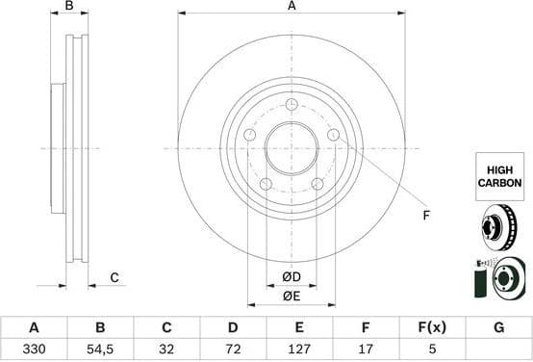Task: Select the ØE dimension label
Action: [x=291, y=296]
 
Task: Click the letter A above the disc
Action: [x=291, y=7]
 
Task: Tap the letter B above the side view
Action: [x=68, y=7]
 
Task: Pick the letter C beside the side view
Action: [x=114, y=277]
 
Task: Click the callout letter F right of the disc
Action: [x=426, y=215]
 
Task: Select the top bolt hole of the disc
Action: [x=291, y=105]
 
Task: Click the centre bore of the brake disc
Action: [x=291, y=148]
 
